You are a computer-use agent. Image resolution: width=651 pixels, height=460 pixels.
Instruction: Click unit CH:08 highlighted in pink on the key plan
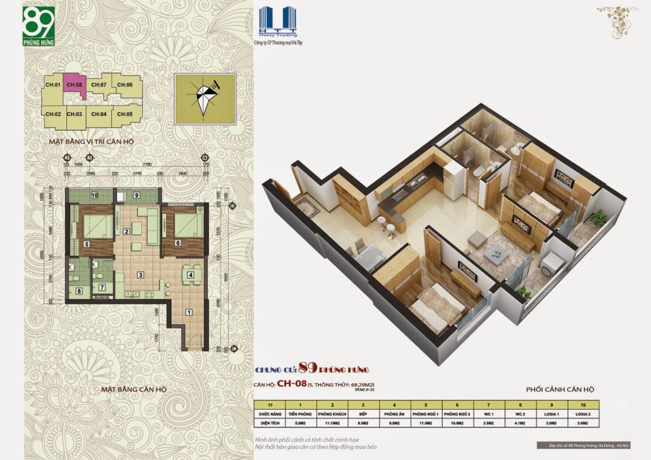point(76,86)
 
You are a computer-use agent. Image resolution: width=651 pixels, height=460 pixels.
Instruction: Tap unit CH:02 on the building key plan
point(53,114)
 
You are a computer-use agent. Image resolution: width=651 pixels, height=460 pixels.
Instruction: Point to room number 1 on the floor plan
point(189,312)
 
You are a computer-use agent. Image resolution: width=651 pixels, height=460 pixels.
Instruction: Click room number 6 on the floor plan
point(178,244)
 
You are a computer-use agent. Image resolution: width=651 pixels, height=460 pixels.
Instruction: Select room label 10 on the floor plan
point(94,195)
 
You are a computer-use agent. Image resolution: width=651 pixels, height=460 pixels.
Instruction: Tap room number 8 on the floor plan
point(79,291)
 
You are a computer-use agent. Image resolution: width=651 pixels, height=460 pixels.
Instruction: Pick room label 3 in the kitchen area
point(139,275)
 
